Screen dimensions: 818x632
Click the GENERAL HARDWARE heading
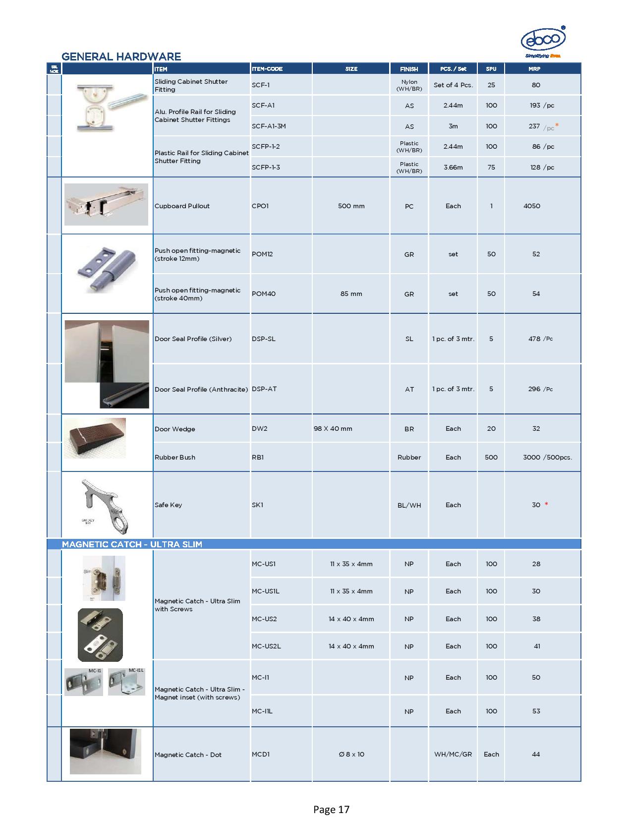point(121,57)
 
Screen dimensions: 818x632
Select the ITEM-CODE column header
point(267,69)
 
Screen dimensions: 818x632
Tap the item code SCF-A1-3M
point(269,126)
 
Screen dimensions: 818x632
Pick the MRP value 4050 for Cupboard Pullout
point(532,206)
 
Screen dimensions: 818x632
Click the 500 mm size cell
point(351,206)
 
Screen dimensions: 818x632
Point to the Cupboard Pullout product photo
point(106,204)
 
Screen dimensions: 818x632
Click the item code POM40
point(264,293)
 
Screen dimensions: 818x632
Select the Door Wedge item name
point(174,429)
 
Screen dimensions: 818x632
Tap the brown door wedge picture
point(95,438)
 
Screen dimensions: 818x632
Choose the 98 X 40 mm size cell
point(333,428)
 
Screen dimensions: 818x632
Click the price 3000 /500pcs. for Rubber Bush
point(547,457)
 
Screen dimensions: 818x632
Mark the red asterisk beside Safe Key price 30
point(546,505)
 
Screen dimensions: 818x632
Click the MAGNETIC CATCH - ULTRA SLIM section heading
point(132,544)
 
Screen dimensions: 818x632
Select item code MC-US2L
point(266,646)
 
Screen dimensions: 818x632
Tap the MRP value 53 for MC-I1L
point(536,711)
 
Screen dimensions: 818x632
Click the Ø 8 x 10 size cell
point(351,754)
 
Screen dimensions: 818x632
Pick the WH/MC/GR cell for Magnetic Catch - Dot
point(453,754)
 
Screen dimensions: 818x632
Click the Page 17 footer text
point(331,810)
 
